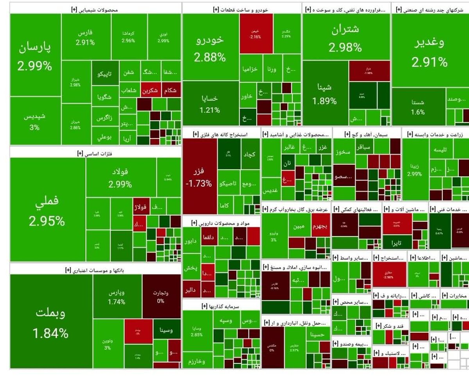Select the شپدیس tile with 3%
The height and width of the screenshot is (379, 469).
[35, 121]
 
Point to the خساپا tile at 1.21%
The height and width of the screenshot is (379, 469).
[210, 104]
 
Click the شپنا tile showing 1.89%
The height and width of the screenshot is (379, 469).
[324, 94]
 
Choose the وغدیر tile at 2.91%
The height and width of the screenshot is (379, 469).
[430, 51]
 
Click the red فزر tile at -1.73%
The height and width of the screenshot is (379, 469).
[200, 176]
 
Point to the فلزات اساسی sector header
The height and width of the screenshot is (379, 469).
[95, 153]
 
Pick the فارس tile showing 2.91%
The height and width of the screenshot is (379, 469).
[85, 37]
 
